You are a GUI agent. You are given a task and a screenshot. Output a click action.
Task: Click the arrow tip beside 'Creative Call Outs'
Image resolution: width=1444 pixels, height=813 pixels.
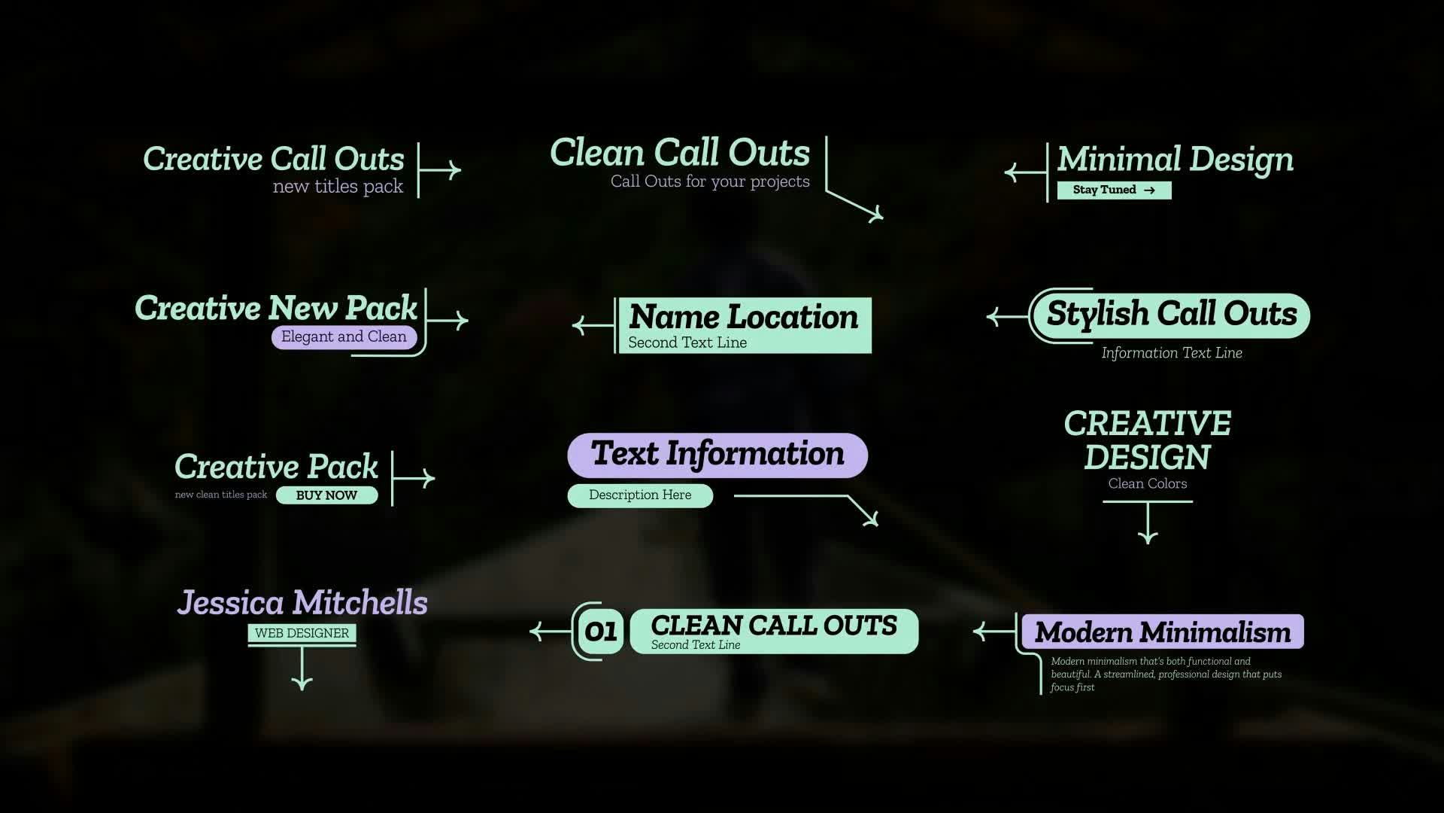(460, 170)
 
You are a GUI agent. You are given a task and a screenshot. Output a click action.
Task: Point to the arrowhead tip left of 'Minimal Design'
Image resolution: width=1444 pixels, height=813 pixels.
(1006, 172)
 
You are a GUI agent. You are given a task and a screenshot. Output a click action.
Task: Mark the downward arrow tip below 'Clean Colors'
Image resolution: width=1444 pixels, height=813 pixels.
(1148, 543)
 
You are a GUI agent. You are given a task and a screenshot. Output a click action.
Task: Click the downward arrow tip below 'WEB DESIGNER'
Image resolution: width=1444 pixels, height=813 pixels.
(302, 689)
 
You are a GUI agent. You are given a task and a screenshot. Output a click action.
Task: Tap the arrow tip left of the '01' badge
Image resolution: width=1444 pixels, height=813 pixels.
(531, 631)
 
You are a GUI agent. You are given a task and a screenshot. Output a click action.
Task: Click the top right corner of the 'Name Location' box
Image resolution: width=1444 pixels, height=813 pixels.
(872, 298)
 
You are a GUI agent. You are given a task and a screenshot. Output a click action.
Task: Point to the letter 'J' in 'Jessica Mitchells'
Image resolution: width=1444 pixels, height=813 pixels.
(188, 604)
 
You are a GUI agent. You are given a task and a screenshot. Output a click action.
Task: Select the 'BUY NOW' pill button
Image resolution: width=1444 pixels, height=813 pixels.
(326, 495)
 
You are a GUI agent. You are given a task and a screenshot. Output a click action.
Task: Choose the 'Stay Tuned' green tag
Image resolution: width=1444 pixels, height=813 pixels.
(1114, 190)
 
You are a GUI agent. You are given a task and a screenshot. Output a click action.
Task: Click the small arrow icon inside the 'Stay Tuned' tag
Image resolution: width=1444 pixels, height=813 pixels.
(1149, 190)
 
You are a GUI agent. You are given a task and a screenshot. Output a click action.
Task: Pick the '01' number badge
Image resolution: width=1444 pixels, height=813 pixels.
(600, 632)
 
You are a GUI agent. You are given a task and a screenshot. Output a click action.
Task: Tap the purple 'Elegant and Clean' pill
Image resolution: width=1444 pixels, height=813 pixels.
(344, 337)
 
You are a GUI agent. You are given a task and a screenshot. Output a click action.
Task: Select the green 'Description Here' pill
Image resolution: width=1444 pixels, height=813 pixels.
(640, 495)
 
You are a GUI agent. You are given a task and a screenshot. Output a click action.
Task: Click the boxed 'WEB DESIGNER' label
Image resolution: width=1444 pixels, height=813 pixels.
(302, 633)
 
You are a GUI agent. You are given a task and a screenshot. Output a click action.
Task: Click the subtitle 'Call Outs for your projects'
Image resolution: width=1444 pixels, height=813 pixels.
(710, 181)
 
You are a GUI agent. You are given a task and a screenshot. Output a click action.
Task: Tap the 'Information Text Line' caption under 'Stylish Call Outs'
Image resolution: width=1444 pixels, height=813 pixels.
(1172, 353)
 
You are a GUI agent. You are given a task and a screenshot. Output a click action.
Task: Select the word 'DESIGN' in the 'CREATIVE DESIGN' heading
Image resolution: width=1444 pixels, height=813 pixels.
(1148, 457)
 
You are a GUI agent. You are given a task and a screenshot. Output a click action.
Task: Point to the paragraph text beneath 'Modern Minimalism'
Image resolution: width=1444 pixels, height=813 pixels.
(1166, 674)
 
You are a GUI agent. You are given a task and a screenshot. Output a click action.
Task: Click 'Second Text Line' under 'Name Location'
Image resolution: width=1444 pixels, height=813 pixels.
(687, 343)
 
